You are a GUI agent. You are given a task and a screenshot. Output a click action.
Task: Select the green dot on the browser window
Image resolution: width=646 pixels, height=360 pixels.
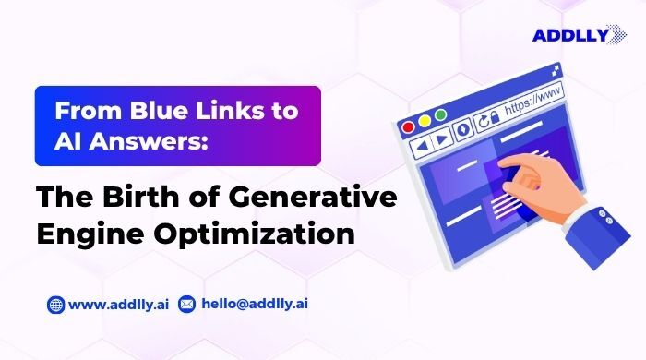point(441,115)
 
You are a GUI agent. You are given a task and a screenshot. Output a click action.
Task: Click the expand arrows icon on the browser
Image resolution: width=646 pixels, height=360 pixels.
point(556,69)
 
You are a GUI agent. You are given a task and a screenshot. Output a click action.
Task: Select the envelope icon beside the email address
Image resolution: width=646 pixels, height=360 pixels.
point(186,304)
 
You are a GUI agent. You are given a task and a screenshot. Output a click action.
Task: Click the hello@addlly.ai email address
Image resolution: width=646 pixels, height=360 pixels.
point(246,304)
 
